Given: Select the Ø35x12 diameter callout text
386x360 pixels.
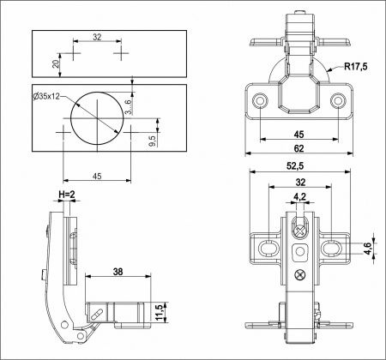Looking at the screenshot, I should coord(49,97).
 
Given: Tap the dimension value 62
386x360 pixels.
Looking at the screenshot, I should coord(299,148).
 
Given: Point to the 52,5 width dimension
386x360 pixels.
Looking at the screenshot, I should coord(299,167).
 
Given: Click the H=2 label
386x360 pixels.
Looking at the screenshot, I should coord(68,195).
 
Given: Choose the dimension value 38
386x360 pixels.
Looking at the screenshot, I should coord(118,273).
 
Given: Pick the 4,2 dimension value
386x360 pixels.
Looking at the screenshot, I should coord(299,197).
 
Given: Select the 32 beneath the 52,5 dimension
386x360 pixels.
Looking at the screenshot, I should coord(299,182).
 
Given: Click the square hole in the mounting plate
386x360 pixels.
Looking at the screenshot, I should coord(299,251).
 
